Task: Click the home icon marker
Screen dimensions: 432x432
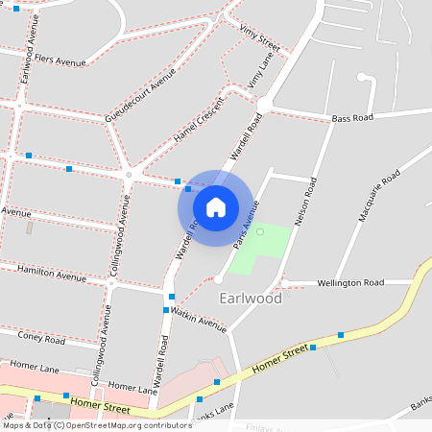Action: tap(215, 206)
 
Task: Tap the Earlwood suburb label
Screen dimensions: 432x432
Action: tap(251, 299)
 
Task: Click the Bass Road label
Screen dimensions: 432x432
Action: tap(353, 118)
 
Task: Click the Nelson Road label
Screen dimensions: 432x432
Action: tap(306, 203)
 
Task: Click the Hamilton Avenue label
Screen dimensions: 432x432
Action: tap(52, 275)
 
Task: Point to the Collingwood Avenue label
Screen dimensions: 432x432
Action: tap(118, 235)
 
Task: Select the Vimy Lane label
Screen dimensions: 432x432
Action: tap(260, 74)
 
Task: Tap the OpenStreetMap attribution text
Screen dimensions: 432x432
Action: tap(96, 425)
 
